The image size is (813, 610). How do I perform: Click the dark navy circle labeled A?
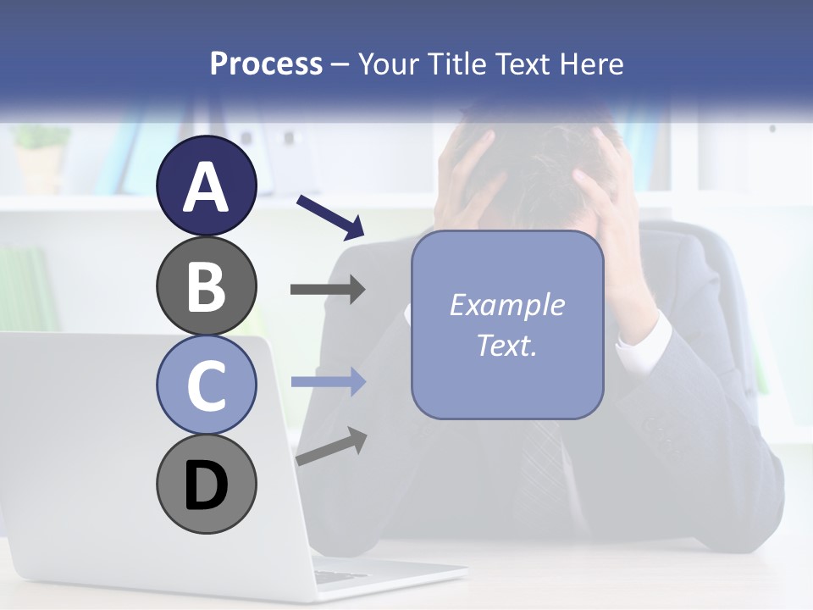206,186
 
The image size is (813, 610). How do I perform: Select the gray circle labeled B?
206,286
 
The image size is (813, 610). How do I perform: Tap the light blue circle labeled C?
206,385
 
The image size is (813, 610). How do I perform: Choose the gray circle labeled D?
206,485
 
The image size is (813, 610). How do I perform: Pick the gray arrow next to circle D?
331,446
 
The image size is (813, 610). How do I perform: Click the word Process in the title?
266,64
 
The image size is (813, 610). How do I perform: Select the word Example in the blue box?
506,305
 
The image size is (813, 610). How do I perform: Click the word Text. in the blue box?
506,346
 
